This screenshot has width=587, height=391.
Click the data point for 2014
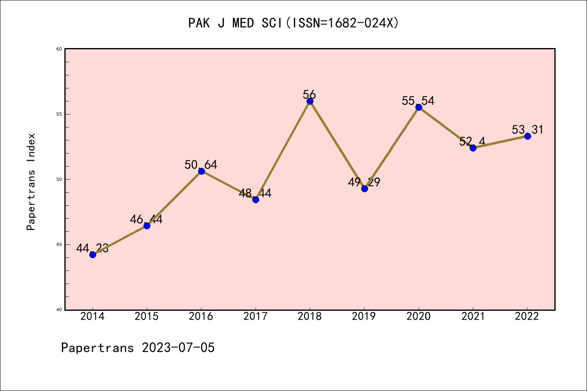(93, 255)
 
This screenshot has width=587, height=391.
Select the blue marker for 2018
(310, 101)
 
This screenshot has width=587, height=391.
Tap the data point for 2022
(527, 136)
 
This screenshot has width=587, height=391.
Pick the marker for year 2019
(364, 189)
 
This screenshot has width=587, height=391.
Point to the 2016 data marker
(201, 171)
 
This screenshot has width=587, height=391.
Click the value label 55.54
(418, 101)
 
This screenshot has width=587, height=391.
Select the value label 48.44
(255, 193)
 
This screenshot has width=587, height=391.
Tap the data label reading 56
(309, 94)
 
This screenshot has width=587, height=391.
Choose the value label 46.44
(146, 220)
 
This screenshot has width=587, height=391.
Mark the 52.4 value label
(472, 141)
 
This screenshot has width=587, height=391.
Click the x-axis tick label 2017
(256, 316)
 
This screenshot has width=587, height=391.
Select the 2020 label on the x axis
(419, 316)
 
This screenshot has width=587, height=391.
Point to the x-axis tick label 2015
(147, 316)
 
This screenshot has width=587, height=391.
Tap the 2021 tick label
(473, 316)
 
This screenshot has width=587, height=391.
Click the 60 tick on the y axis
(59, 49)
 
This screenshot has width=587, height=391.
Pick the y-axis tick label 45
(59, 244)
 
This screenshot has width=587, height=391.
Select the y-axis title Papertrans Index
(31, 182)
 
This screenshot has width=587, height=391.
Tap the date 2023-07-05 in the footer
(178, 348)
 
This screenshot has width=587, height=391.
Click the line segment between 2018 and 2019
(337, 145)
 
